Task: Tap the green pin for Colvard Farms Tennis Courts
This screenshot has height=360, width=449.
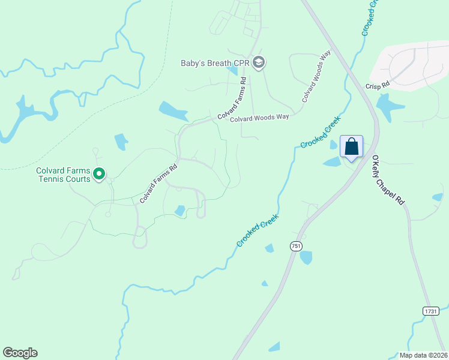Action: [100, 175]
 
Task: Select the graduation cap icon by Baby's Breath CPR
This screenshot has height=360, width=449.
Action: [259, 62]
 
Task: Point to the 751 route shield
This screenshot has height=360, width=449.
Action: [295, 247]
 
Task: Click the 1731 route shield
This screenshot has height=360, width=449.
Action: [430, 311]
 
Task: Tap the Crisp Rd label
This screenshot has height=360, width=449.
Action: [378, 85]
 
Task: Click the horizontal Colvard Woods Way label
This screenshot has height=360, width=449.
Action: [260, 118]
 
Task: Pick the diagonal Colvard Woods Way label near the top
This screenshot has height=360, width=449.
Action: [317, 76]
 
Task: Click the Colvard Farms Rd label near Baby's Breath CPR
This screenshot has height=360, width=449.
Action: [232, 98]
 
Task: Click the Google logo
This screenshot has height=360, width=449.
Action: [20, 353]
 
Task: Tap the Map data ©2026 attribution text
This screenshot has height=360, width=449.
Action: [423, 355]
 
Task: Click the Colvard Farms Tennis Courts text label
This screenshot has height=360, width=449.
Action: [63, 175]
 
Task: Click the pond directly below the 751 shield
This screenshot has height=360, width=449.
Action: [306, 257]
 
